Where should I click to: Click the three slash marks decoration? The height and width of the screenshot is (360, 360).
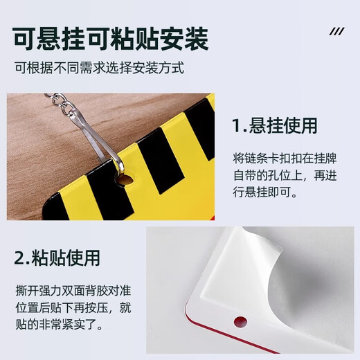(x=336, y=31)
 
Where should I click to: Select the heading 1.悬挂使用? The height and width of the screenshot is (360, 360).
(x=275, y=126)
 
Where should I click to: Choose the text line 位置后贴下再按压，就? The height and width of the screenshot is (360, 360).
(x=78, y=305)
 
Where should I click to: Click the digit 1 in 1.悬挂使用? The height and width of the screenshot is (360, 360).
(x=237, y=126)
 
